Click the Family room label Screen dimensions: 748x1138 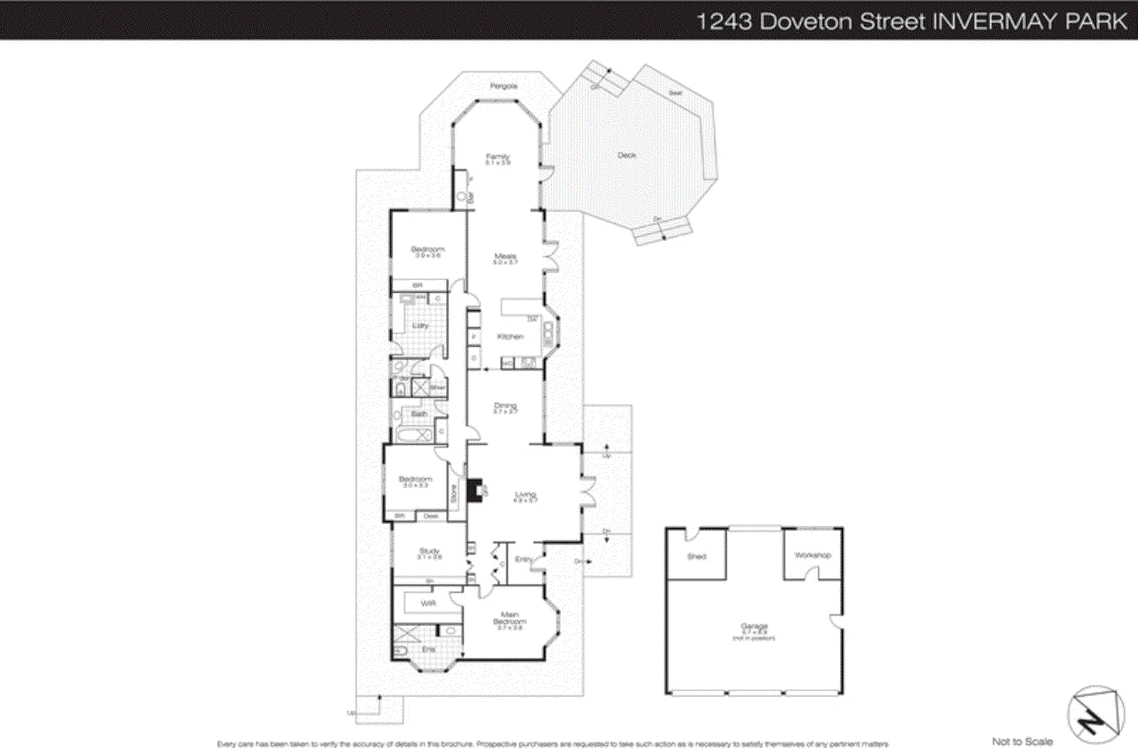[498, 157]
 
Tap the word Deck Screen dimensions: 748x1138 [627, 155]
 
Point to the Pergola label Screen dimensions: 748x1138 [504, 86]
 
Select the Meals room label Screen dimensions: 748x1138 [506, 257]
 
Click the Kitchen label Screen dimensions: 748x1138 [510, 336]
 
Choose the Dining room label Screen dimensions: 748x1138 [505, 406]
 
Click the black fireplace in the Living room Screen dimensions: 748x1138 [474, 491]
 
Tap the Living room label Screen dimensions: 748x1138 [526, 495]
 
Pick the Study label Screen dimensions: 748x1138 [430, 551]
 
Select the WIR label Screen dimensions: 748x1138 [428, 604]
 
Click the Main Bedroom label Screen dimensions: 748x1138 [509, 618]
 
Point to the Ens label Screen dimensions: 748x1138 [428, 649]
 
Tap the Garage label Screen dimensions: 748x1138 [754, 627]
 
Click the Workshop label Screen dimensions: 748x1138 [812, 555]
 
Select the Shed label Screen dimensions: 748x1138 [696, 557]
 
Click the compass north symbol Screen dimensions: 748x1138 [1095, 715]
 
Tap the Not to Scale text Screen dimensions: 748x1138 [1022, 742]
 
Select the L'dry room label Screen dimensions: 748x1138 [420, 326]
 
